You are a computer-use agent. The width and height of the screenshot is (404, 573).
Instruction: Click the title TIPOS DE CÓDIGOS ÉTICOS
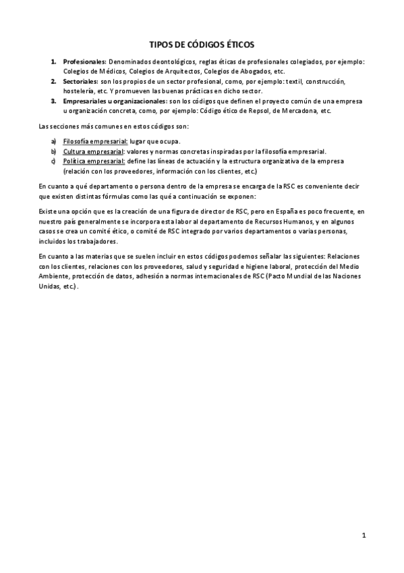click(x=202, y=45)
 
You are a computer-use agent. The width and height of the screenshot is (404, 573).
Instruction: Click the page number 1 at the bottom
click(x=364, y=536)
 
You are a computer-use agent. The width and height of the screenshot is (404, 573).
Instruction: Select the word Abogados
click(x=254, y=71)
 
